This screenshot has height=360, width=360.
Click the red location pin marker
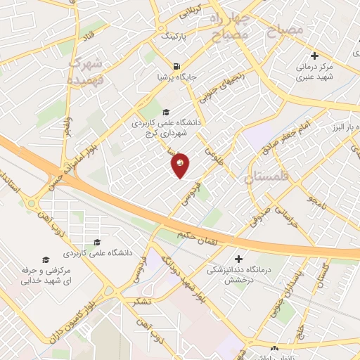[180, 165]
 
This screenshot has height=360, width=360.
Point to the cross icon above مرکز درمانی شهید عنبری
[314, 55]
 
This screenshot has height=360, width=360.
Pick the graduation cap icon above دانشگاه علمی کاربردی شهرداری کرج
[166, 112]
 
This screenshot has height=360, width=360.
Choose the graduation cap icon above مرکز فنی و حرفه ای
[46, 259]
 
